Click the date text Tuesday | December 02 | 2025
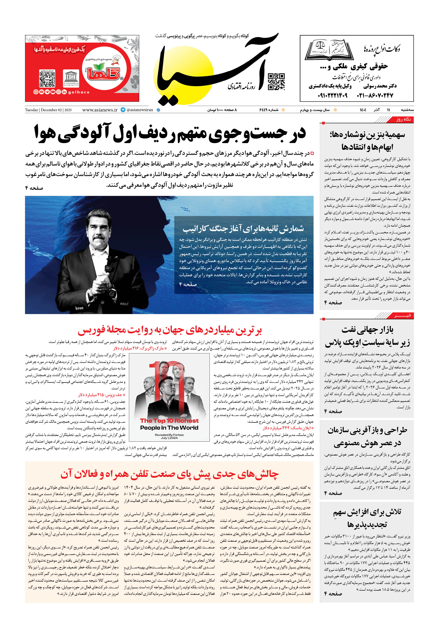[48, 110]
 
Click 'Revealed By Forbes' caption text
[169, 435]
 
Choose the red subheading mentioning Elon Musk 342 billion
[288, 428]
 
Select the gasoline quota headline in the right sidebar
[367, 141]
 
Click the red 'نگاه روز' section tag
[403, 119]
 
